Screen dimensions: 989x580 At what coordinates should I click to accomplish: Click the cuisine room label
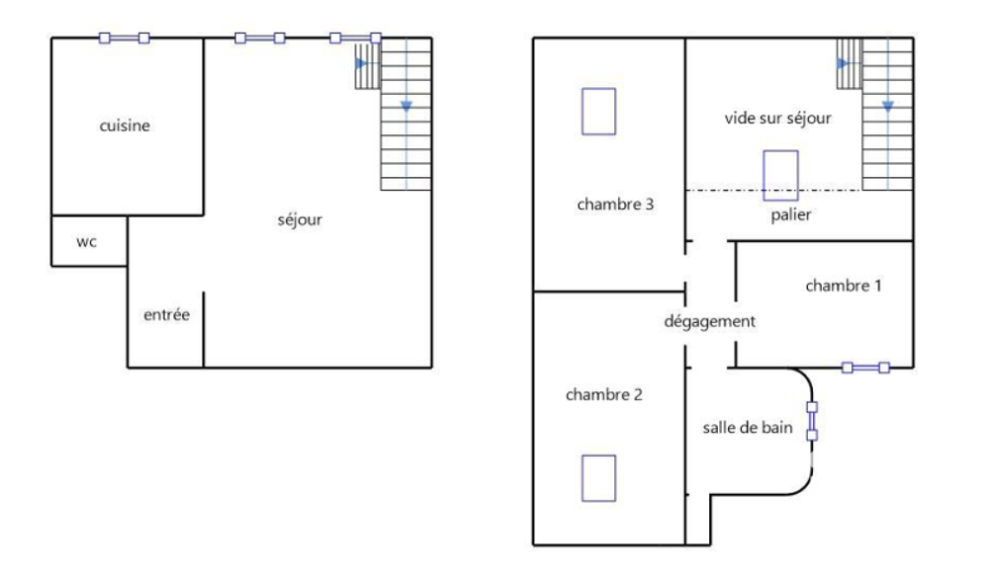click(125, 125)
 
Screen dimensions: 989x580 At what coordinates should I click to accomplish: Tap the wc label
click(86, 242)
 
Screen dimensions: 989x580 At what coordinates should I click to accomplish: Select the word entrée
click(166, 314)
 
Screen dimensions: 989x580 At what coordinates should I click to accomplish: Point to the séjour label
click(300, 220)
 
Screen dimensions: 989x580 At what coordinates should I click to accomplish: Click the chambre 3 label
click(615, 205)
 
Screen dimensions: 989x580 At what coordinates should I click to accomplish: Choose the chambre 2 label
click(603, 394)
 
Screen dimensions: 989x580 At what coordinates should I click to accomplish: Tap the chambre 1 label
click(844, 286)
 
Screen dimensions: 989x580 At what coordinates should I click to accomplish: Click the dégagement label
click(709, 321)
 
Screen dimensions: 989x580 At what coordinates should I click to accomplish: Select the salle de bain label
click(748, 428)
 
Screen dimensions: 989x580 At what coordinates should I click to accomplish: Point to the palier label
click(791, 215)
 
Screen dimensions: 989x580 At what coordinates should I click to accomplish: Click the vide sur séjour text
click(777, 118)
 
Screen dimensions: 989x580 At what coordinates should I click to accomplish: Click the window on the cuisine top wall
click(125, 39)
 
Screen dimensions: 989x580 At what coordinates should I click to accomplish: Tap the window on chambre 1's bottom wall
click(866, 368)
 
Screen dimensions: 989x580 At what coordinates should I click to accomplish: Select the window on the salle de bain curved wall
click(812, 421)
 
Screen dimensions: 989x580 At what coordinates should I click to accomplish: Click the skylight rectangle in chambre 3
click(598, 112)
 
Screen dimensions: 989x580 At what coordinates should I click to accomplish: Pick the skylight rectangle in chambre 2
click(598, 478)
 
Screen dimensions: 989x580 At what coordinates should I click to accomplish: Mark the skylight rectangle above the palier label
click(781, 175)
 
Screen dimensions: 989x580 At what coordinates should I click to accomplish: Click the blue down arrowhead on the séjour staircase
click(406, 107)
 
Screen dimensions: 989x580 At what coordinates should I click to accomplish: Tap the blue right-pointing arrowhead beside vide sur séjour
click(842, 63)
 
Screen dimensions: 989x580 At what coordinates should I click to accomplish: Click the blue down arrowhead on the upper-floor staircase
click(888, 107)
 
